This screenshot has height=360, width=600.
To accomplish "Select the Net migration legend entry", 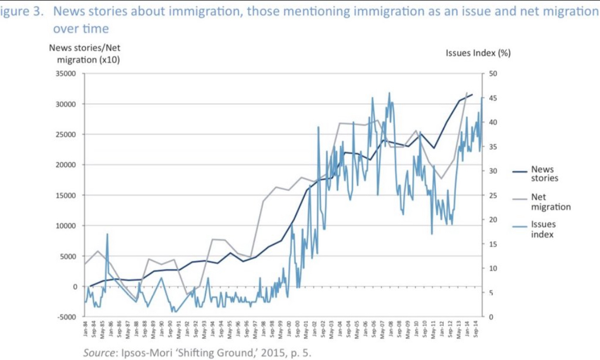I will click(550, 202).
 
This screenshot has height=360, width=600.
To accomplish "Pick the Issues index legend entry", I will click(543, 229).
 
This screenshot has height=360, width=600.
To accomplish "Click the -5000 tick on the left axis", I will click(66, 317).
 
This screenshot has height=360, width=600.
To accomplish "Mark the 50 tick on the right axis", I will click(494, 74).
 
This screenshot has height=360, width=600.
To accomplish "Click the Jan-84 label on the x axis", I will click(86, 328).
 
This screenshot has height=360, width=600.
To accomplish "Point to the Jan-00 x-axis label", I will click(289, 328).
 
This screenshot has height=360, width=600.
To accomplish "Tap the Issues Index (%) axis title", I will click(478, 53).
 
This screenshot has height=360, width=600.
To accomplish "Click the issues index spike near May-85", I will click(107, 234).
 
